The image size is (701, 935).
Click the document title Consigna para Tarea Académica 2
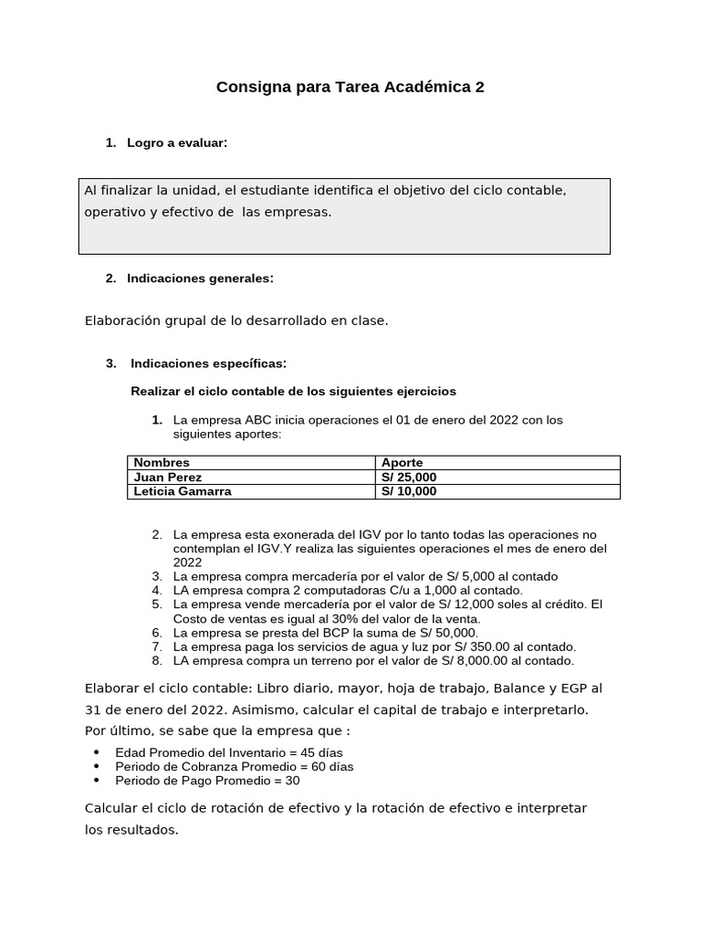coord(350,88)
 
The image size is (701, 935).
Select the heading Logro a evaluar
coord(177,142)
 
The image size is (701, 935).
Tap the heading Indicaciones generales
coord(200,278)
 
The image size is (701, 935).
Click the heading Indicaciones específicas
coord(208,363)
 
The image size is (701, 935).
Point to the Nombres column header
coord(162,463)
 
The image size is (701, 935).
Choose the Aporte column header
coord(402,463)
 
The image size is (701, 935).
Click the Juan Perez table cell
coord(168,477)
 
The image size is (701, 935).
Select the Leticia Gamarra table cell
coord(183,491)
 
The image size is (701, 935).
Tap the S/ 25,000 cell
coord(409,477)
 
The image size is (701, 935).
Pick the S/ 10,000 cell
coord(409,491)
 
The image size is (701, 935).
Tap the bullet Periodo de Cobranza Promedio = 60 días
coord(235,766)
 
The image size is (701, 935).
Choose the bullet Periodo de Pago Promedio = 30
coord(207,781)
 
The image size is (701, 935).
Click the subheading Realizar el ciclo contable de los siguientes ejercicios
coord(293,391)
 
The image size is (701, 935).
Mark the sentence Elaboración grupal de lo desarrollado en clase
coord(236,320)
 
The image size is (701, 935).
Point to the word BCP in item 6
coord(339,633)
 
